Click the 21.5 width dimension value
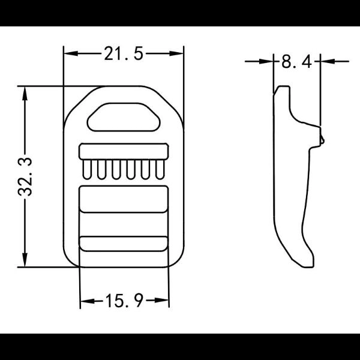coord(124,53)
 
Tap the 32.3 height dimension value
coord(25,176)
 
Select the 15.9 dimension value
coord(124,301)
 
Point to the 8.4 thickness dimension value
coord(296,62)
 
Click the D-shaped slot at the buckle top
coord(124,118)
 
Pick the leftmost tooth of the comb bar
coord(87,169)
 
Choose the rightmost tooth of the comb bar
coord(160,169)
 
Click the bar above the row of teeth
coord(124,151)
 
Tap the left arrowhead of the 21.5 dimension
coord(70,53)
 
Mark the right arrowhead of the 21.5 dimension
coord(176,53)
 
